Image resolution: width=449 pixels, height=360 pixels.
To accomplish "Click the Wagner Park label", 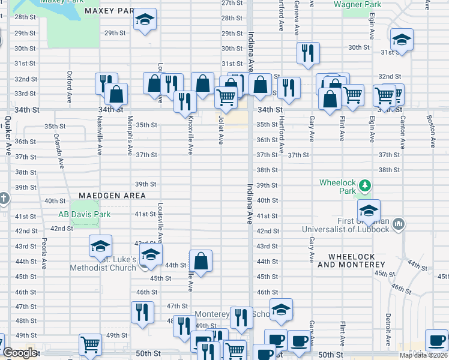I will coord(357,4).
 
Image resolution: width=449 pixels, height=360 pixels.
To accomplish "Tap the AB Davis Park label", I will coord(85,215).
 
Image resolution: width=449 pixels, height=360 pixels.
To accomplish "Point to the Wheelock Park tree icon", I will coord(364,185).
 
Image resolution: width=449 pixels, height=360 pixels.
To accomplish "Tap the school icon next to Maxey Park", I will coord(144,20).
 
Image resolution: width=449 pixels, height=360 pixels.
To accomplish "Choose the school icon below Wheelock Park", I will coord(369,210).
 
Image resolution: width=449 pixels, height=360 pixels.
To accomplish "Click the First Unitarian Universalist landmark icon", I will coord(398,225).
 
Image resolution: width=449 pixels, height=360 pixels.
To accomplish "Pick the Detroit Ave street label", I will coord(388,326).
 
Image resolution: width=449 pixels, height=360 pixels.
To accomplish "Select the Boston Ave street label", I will coord(430,131).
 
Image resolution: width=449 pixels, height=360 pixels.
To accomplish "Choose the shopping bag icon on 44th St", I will coord(201,261).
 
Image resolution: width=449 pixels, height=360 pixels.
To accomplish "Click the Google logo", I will coord(20,353).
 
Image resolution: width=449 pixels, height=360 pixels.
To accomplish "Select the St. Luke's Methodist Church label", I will coord(103,263).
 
